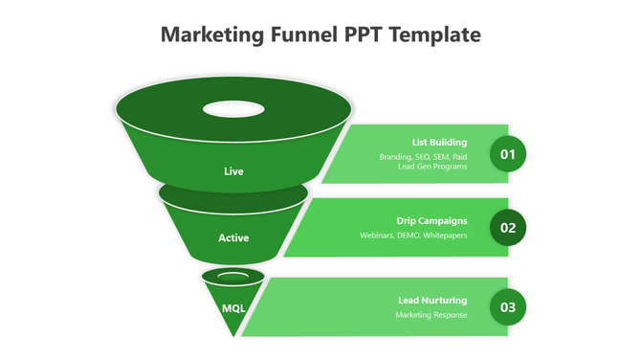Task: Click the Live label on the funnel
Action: tap(233, 171)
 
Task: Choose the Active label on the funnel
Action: tap(233, 237)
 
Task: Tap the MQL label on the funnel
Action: tap(233, 308)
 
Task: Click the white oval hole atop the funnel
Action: tap(233, 108)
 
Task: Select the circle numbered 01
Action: tap(508, 154)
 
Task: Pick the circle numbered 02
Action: tap(508, 228)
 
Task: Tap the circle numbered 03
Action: tap(508, 307)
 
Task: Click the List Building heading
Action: tap(439, 143)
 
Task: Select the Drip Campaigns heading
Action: tap(431, 220)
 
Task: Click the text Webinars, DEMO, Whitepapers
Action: tap(413, 236)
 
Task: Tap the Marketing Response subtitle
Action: tap(431, 315)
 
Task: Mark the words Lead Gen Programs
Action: tap(432, 167)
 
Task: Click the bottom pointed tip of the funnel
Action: tap(233, 334)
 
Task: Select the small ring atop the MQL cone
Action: tap(233, 277)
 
